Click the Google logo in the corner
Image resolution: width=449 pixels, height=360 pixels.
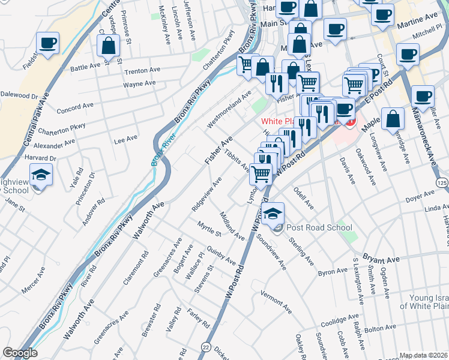click(x=20, y=353)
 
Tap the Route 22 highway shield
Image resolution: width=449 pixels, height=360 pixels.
click(x=206, y=347)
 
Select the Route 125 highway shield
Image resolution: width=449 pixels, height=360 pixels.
click(x=442, y=182)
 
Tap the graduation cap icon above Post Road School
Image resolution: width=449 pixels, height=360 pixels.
click(x=273, y=213)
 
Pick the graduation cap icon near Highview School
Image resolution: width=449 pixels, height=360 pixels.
click(x=41, y=175)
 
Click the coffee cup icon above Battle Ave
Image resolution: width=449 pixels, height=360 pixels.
click(x=47, y=43)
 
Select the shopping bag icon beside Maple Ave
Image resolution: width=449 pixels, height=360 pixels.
click(x=392, y=119)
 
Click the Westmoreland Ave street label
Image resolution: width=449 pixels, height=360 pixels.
click(x=228, y=110)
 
